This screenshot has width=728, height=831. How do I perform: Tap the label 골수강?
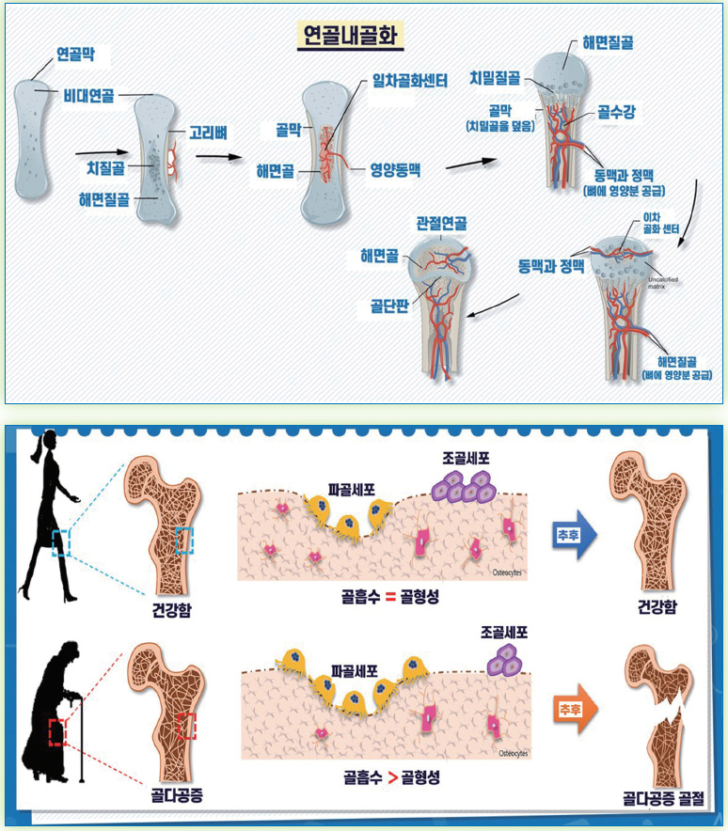pos(617,112)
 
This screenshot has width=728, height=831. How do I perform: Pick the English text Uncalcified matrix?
pos(669,282)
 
